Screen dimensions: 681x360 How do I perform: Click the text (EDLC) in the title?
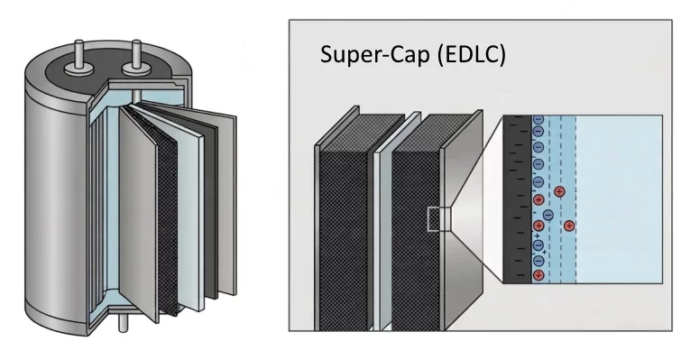pos(472,55)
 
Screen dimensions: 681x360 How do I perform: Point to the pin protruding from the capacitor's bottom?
pos(124,322)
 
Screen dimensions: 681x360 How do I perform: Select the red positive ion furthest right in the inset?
pos(569,226)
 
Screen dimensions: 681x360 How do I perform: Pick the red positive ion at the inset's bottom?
pos(538,275)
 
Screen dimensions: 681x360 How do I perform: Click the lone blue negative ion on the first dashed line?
pos(548,215)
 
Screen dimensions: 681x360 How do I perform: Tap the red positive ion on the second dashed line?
pos(559,191)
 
